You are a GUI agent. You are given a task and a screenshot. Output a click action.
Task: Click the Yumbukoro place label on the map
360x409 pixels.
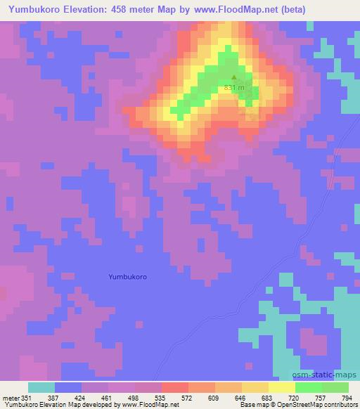[x=128, y=276]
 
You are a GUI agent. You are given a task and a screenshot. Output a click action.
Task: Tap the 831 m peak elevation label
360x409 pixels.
[x=234, y=88]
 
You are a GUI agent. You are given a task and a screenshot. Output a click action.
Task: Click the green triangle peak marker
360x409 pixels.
[x=234, y=78]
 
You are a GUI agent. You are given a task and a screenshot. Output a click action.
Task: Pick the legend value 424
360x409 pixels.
[x=82, y=398]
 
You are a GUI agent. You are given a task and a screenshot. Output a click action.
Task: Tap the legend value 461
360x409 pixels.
[x=109, y=398]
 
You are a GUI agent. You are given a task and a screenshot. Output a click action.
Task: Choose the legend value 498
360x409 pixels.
[x=135, y=398]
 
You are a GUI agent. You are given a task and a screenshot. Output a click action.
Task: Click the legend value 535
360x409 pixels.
[x=162, y=398]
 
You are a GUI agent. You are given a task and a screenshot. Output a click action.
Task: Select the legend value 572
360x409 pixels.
[x=188, y=398]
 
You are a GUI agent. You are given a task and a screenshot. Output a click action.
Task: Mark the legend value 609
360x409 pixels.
[x=215, y=398]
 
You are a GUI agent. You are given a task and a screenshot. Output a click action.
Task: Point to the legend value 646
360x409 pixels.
[x=242, y=398]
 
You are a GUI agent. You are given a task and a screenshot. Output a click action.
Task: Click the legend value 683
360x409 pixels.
[x=269, y=398]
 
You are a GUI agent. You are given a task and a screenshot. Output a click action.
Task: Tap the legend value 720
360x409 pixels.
[x=295, y=398]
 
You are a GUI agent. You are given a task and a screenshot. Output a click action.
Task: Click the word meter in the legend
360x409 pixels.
[x=11, y=398]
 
